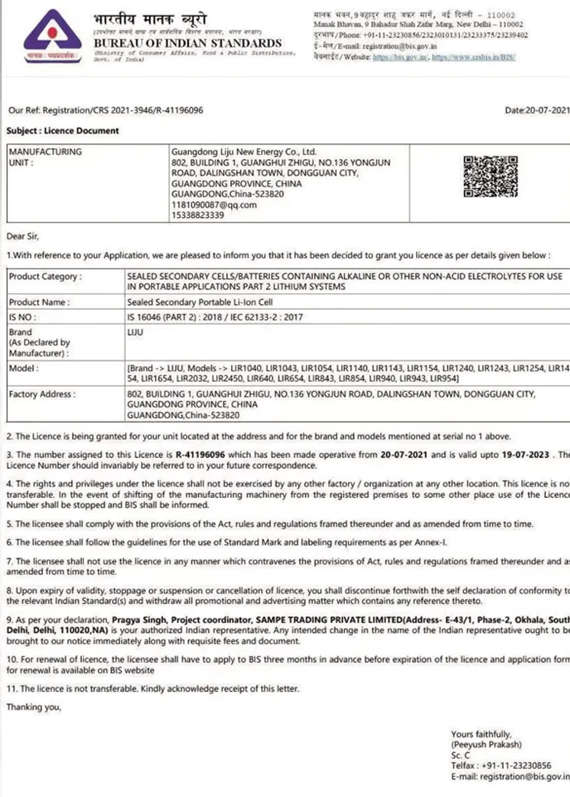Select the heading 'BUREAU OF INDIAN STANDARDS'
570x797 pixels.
[x=187, y=43]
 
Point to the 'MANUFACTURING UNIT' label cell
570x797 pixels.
[x=45, y=157]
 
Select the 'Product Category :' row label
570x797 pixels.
[x=44, y=276]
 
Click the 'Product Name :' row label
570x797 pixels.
[x=39, y=302]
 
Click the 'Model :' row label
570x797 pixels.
[x=25, y=367]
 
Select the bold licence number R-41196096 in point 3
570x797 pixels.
[x=202, y=455]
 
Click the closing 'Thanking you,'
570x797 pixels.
[x=34, y=707]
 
